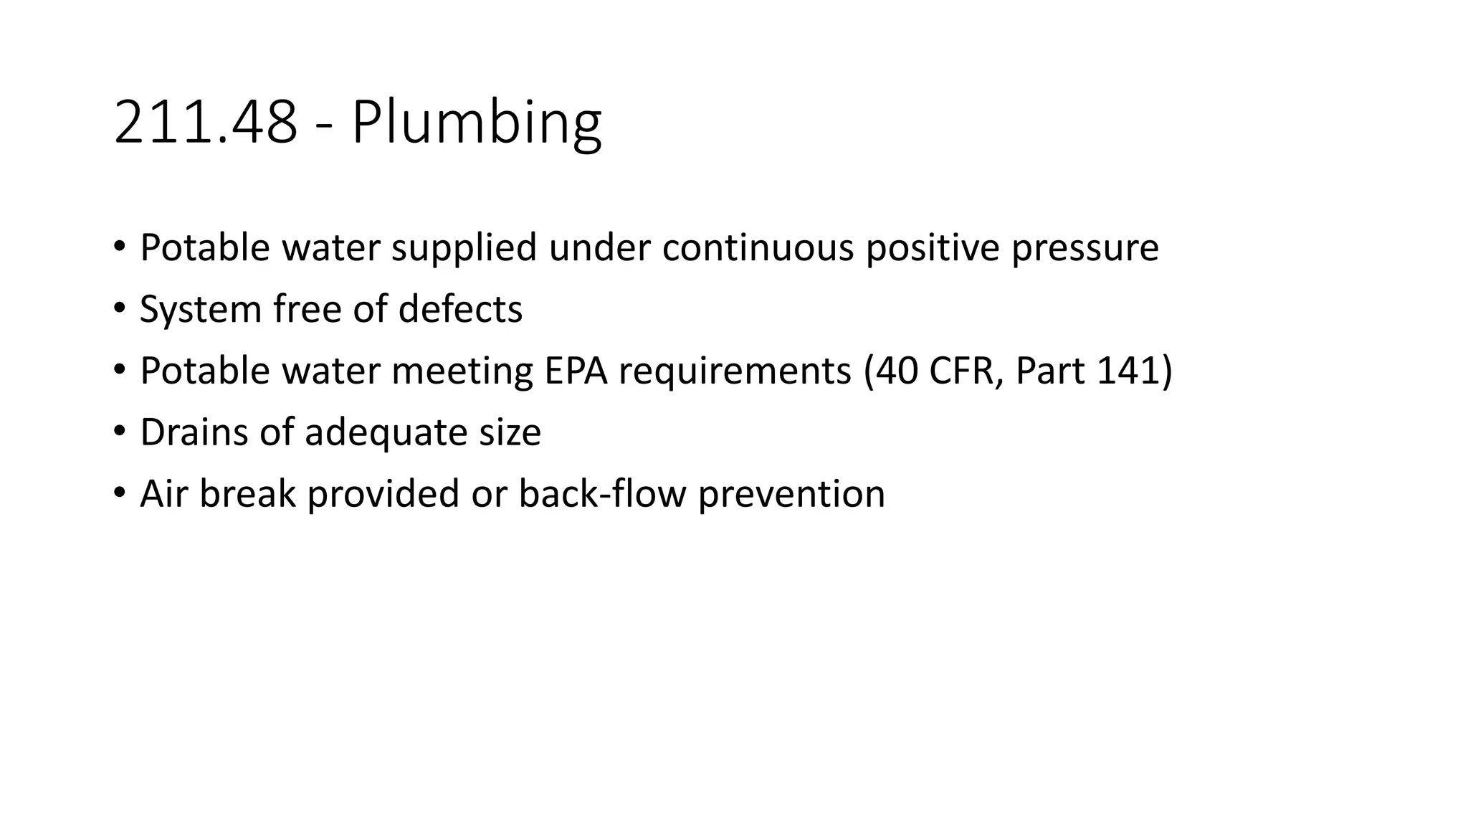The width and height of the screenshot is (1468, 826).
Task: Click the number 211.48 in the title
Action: tap(205, 123)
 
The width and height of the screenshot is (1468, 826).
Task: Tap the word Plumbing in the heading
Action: tap(476, 123)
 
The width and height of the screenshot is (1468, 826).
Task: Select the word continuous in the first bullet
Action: tap(758, 247)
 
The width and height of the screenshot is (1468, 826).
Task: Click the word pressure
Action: tap(1085, 247)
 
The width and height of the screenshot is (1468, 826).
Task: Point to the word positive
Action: tap(933, 247)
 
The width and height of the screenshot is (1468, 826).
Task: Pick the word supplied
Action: tap(464, 247)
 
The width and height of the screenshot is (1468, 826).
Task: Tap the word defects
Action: tap(460, 309)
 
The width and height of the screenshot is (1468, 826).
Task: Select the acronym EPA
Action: tap(576, 371)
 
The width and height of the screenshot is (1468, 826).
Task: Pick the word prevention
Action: tap(791, 494)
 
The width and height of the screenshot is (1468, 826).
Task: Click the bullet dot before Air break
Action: tap(118, 493)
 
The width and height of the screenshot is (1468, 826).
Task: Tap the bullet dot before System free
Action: tap(118, 308)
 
